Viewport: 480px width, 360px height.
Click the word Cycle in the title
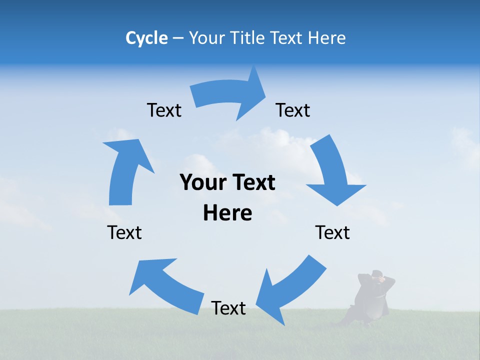click(x=146, y=38)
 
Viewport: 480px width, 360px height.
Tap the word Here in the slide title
click(x=327, y=38)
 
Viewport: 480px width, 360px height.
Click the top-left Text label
click(x=164, y=110)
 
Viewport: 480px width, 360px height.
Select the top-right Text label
click(x=293, y=110)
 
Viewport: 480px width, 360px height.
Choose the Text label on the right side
click(x=332, y=232)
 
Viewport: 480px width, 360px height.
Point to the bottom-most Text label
click(x=228, y=308)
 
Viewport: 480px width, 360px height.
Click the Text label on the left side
click(x=124, y=232)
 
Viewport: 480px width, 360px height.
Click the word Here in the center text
click(x=227, y=213)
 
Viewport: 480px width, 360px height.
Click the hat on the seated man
click(x=377, y=273)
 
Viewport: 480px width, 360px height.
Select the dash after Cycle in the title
click(x=178, y=38)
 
